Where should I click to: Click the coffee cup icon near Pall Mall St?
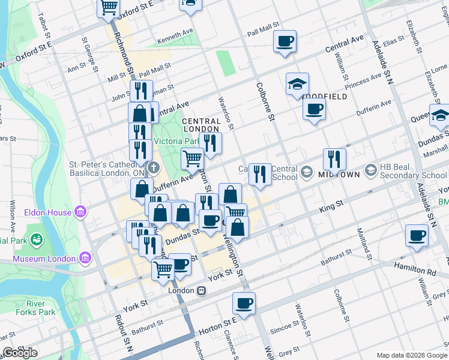point(285,41)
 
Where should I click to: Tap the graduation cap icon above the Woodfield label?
point(297,85)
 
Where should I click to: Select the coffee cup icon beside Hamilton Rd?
point(417,236)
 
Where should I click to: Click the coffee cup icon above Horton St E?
point(244,304)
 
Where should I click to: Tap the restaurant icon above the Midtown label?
point(334,159)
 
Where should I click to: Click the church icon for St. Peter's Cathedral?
point(153,167)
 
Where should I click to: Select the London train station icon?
point(202,290)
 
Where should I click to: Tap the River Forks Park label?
point(37,307)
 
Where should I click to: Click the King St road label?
point(331,205)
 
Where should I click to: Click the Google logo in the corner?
point(20,353)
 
